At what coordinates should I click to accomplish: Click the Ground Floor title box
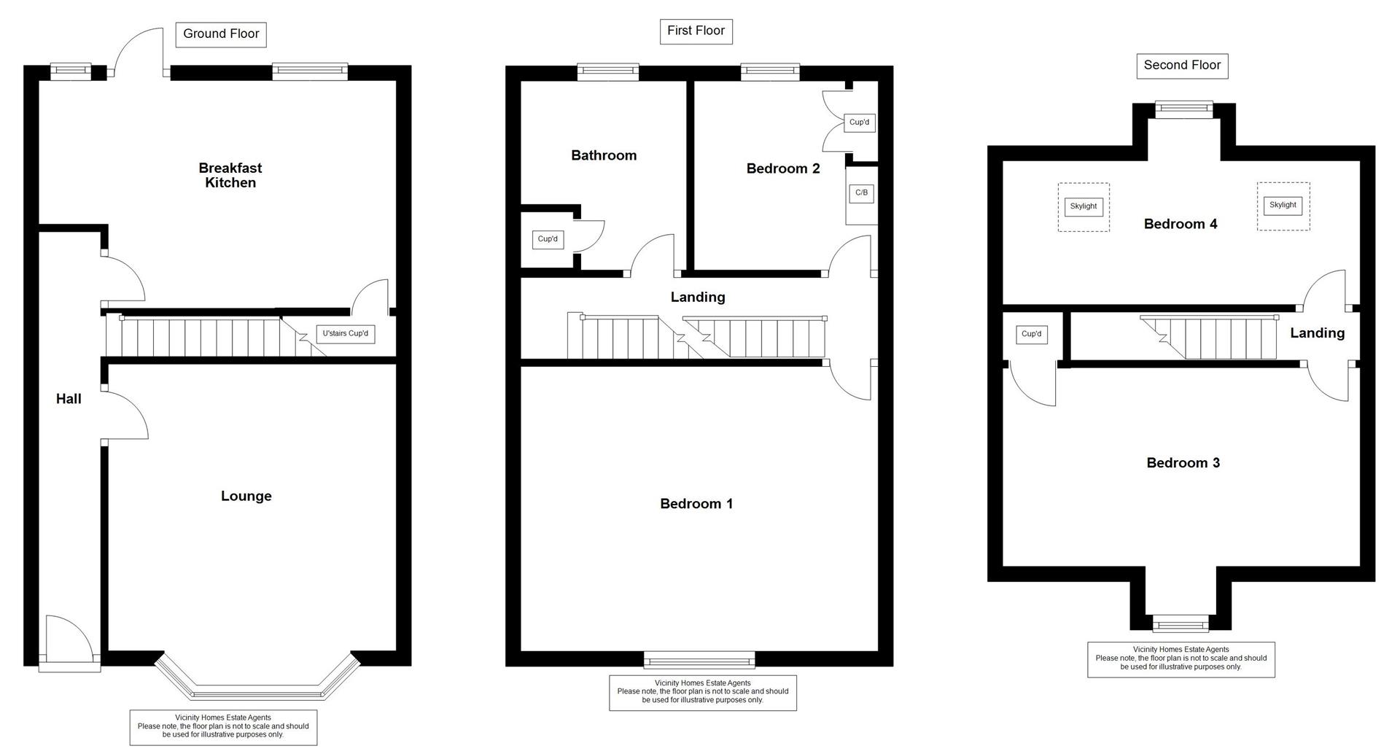[x=221, y=34]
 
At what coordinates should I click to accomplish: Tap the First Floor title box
[x=696, y=31]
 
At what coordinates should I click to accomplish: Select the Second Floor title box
[x=1182, y=66]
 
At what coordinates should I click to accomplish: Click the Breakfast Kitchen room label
[x=230, y=176]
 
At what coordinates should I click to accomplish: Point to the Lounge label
[x=246, y=497]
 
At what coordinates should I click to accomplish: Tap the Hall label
[x=69, y=399]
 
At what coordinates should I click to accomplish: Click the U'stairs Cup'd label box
[x=346, y=334]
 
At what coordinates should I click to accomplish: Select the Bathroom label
[x=604, y=155]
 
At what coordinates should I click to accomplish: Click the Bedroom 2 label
[x=783, y=169]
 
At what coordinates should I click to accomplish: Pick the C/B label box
[x=861, y=193]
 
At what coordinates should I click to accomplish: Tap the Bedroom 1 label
[x=696, y=504]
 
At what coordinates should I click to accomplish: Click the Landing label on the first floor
[x=698, y=298]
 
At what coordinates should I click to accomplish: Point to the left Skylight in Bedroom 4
[x=1084, y=206]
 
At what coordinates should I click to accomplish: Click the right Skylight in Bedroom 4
[x=1283, y=206]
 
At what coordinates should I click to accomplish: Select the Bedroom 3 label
[x=1183, y=463]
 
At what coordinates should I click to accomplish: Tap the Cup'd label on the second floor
[x=1031, y=335]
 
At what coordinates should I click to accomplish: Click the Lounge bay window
[x=257, y=685]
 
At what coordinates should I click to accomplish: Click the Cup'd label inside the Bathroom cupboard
[x=548, y=239]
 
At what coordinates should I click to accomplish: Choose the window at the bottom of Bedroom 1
[x=699, y=661]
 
